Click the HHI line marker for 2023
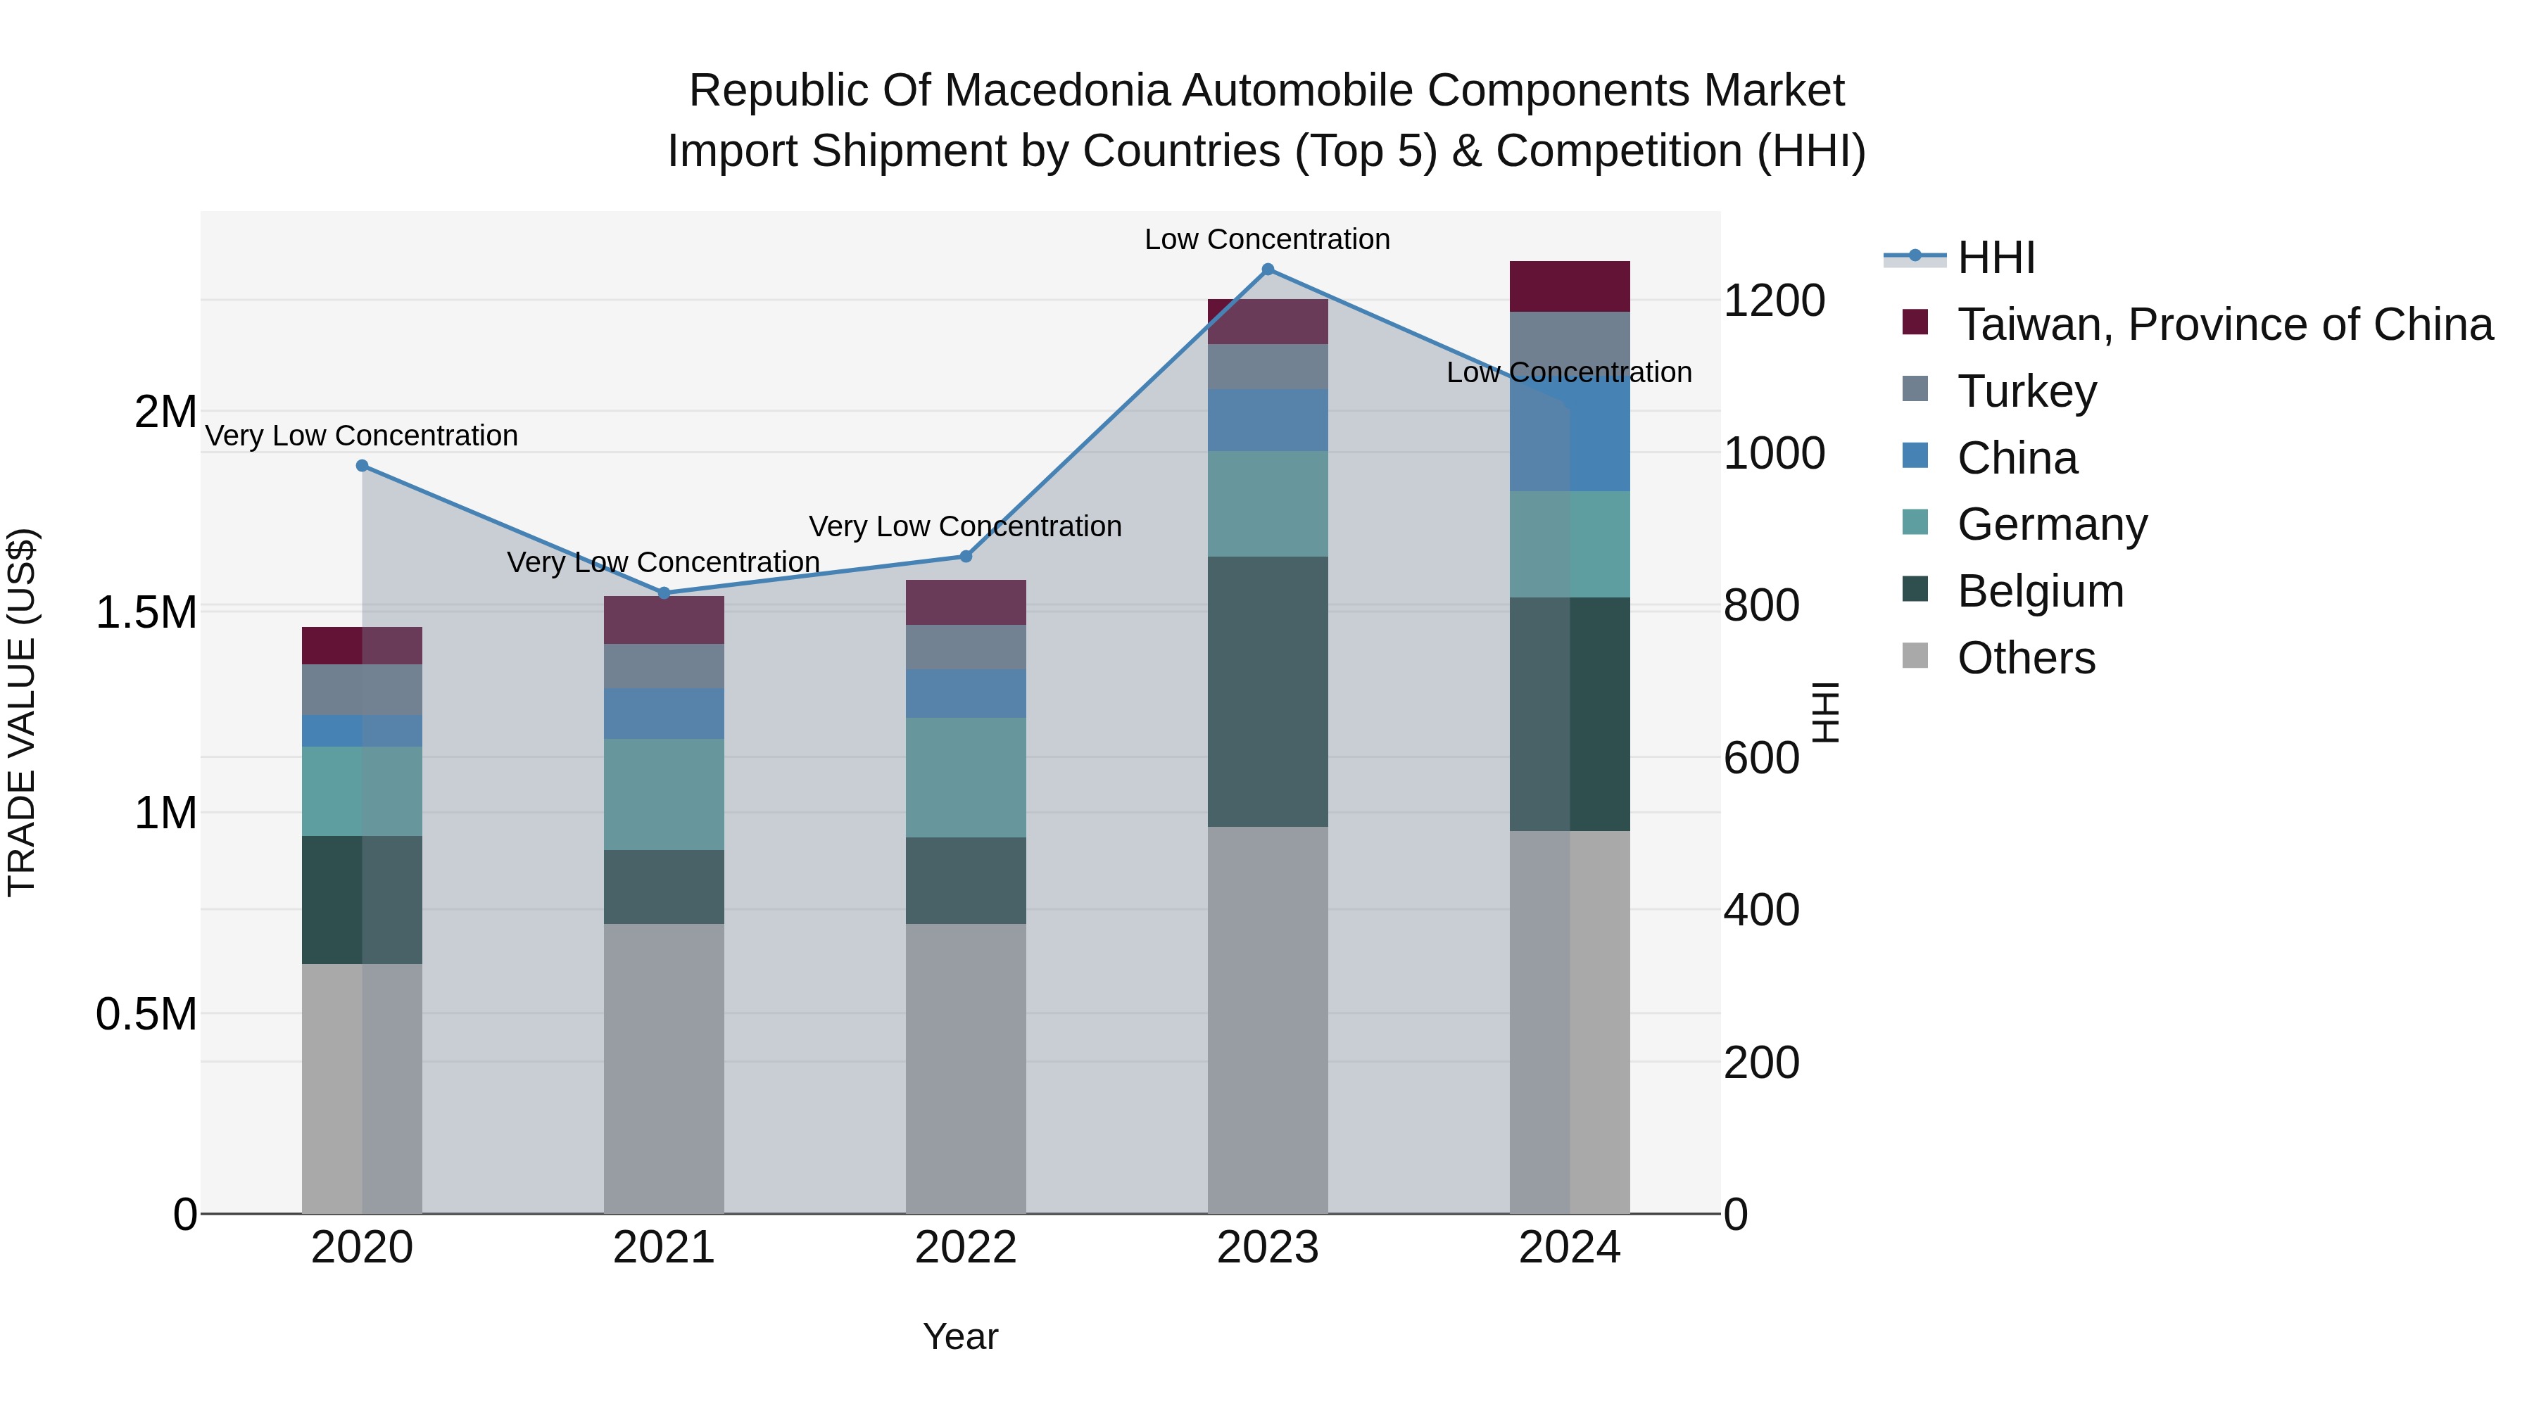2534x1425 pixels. tap(1267, 270)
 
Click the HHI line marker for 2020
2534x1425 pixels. tap(362, 466)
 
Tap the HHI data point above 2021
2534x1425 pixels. tap(664, 593)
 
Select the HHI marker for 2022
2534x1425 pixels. tap(966, 557)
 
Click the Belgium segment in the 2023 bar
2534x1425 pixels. tap(1267, 691)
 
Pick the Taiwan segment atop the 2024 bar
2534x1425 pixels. tap(1569, 286)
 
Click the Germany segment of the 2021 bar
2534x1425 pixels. tap(664, 794)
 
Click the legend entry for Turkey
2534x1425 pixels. tap(2026, 391)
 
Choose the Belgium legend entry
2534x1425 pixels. tap(2040, 591)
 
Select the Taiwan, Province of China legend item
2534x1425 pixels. tap(2223, 324)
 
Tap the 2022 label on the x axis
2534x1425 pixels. tap(966, 1248)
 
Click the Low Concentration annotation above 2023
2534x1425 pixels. tap(1267, 239)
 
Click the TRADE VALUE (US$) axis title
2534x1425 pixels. tap(22, 712)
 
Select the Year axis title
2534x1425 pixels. tap(960, 1336)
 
